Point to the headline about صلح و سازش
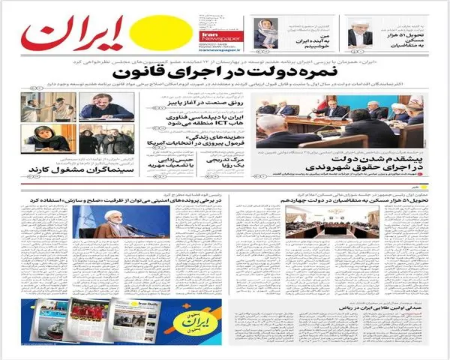(x=135, y=203)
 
